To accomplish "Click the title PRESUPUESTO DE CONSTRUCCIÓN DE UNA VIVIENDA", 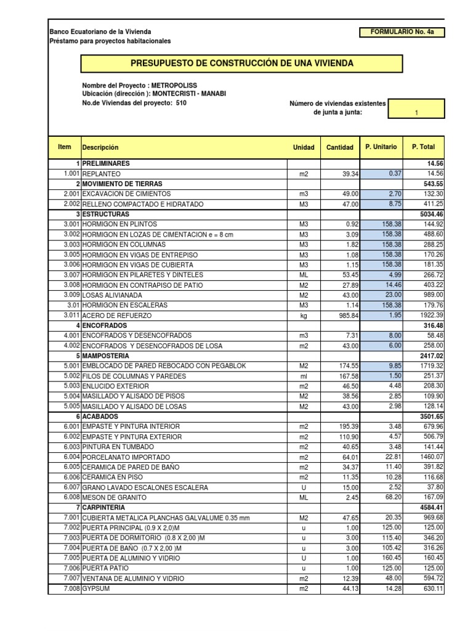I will (x=242, y=63).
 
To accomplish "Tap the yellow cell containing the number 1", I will (x=417, y=112).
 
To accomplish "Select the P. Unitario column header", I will (x=381, y=147).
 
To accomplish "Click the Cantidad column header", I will (x=339, y=147).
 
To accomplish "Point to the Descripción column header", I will (x=100, y=147).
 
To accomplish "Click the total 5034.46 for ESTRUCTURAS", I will (x=431, y=214).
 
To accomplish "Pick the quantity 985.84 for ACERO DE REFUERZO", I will (x=344, y=315).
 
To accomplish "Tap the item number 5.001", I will (x=69, y=366).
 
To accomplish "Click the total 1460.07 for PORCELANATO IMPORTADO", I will (x=431, y=457).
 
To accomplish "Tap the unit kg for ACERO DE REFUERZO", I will (x=302, y=315).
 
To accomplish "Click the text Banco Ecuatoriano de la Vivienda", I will (x=100, y=31).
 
